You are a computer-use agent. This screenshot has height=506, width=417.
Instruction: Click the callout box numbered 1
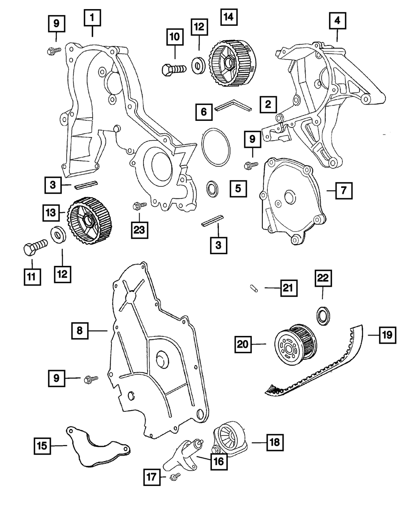tap(93, 18)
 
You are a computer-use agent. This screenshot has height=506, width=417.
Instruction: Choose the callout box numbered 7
tap(343, 191)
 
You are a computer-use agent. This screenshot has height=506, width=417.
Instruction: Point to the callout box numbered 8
tap(80, 331)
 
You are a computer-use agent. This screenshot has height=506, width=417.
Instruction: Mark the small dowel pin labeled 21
tap(255, 288)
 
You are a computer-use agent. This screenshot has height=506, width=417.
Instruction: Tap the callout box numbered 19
tap(387, 334)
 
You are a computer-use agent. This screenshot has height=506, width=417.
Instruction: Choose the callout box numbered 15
tap(43, 446)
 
